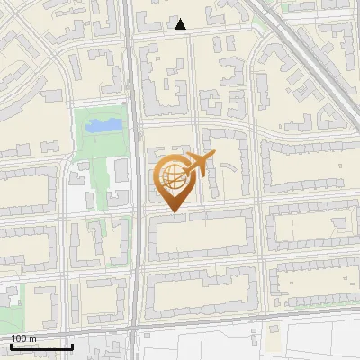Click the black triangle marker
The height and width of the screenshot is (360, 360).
(181, 24)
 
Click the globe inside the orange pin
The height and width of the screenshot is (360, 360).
(172, 179)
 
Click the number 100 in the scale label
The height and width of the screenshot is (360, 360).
(19, 338)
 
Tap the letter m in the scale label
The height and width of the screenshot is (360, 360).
(32, 338)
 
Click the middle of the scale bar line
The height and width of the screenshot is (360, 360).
(41, 346)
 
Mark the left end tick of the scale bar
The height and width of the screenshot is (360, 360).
(11, 345)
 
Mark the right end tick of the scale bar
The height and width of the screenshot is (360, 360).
(72, 345)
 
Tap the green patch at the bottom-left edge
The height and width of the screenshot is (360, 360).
(7, 315)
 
